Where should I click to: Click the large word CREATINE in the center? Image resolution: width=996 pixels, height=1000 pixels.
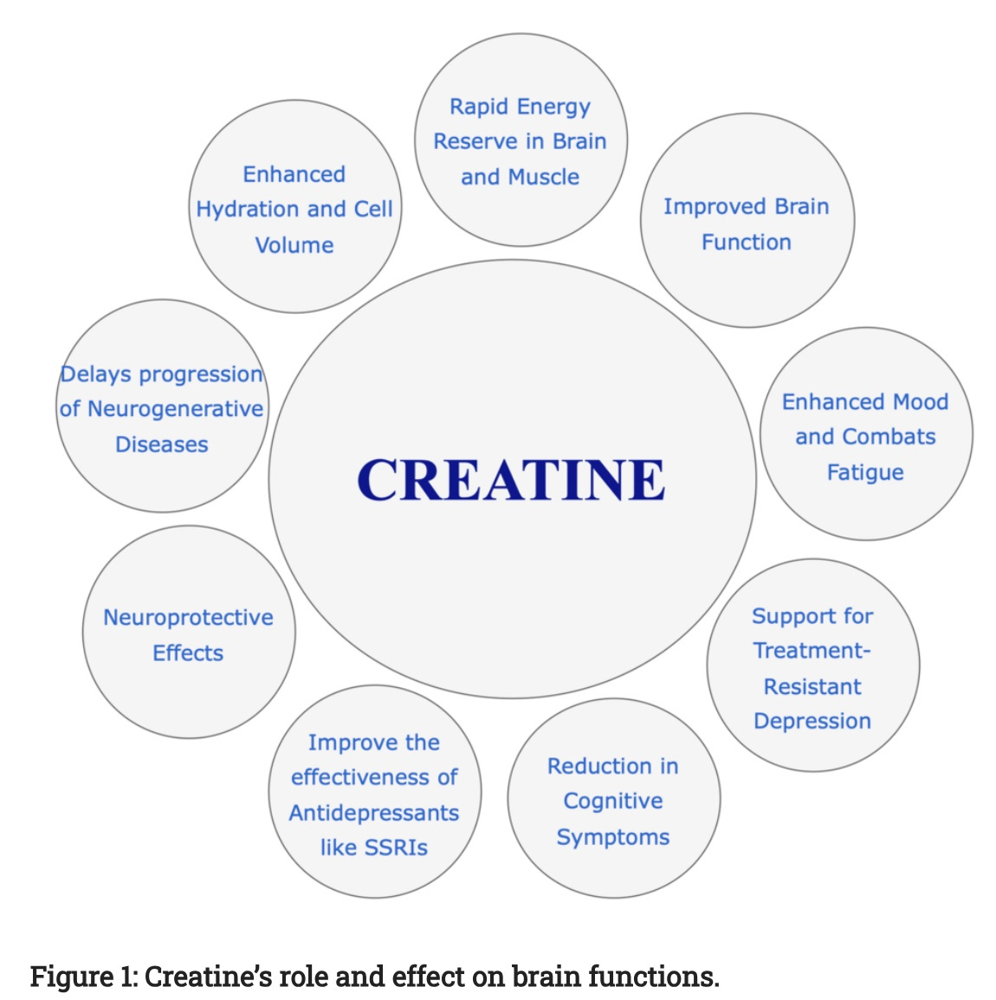511,479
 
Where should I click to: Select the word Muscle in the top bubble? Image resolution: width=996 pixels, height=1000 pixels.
543,177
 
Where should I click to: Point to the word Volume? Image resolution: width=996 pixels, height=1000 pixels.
294,245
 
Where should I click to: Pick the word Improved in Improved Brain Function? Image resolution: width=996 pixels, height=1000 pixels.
706,206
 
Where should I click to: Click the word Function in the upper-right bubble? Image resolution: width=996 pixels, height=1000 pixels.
747,242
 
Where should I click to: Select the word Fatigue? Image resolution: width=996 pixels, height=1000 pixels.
865,472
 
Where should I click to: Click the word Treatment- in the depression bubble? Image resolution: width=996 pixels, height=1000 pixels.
812,651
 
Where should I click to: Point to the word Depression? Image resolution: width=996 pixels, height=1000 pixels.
812,721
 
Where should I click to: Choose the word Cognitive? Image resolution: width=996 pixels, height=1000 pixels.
613,802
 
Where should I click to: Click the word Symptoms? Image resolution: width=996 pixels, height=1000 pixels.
613,837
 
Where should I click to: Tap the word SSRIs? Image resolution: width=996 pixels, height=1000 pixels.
400,847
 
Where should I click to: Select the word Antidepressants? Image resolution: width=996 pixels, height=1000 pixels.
374,813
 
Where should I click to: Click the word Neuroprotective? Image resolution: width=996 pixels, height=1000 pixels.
188,617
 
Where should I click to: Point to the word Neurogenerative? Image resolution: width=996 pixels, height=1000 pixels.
174,409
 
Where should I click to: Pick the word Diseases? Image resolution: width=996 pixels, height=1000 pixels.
162,445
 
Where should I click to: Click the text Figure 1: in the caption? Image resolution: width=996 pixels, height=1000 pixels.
83,977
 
